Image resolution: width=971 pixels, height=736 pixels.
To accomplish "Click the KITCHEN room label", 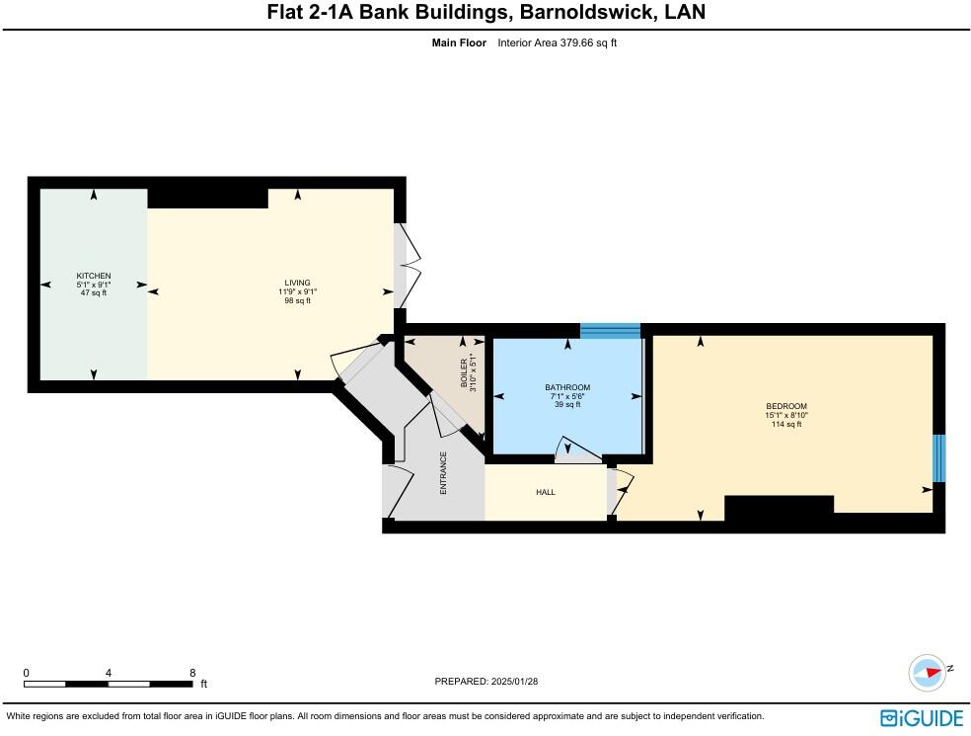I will [x=94, y=276].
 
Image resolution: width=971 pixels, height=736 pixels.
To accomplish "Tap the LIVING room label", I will [x=297, y=284].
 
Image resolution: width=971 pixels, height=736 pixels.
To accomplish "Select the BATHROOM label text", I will [x=567, y=387].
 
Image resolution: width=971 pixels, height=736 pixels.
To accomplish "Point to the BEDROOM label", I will [x=786, y=407].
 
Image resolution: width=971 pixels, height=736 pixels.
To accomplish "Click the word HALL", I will [x=546, y=492].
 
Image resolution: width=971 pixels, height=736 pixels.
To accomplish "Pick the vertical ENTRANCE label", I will [x=444, y=473].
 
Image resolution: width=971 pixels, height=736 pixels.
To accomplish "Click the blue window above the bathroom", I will [x=610, y=331].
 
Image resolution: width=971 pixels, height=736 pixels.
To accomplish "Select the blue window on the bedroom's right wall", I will [x=939, y=458].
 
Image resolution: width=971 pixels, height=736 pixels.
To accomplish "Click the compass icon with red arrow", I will [x=928, y=672].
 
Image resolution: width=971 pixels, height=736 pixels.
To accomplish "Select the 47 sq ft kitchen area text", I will [x=94, y=292].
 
